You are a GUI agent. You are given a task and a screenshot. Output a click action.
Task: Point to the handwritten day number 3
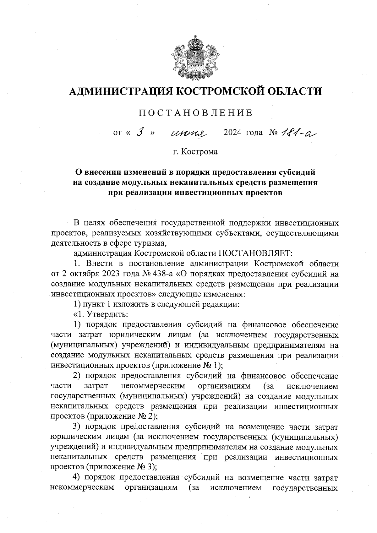(140, 132)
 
